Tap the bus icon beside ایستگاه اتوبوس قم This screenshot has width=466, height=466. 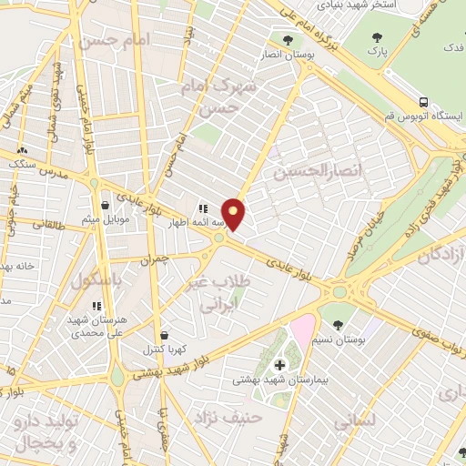tap(423, 102)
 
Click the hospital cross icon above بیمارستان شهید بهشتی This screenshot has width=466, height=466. tap(279, 365)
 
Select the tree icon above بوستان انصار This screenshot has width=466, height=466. tap(288, 40)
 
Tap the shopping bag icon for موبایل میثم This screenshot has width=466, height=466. tap(107, 206)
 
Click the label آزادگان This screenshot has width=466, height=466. tap(441, 258)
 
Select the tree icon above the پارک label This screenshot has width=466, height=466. tap(380, 38)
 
